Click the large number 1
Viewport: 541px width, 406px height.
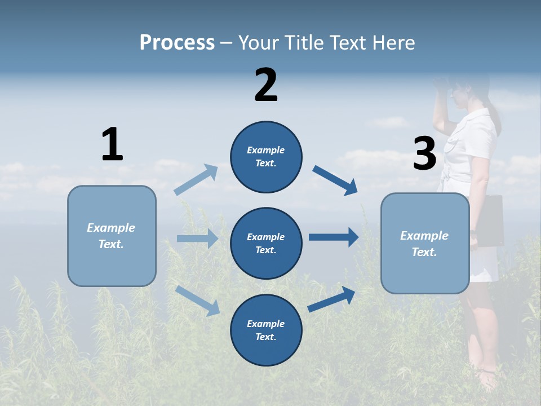coord(112,144)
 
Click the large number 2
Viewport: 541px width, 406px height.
coord(266,85)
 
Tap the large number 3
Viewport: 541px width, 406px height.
coord(424,153)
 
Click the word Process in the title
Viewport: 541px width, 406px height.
coord(177,42)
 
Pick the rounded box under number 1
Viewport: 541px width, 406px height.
coord(112,236)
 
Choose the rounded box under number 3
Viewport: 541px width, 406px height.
coord(425,244)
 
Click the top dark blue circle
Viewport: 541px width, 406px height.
coord(266,157)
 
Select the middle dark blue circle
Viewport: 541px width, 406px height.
coord(266,244)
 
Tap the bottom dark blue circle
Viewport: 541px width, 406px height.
coord(266,330)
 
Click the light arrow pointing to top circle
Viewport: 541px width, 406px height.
coord(196,180)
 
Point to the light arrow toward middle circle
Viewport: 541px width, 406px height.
coord(197,239)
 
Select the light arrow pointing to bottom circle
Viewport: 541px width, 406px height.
coord(197,301)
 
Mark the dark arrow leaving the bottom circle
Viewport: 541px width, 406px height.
coord(332,299)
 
